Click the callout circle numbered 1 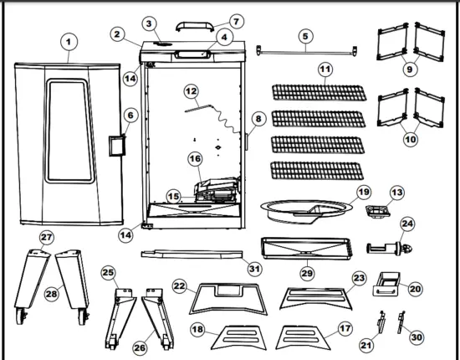(69, 40)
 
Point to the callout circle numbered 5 (306, 36)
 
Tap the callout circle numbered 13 (398, 193)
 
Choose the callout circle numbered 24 (408, 224)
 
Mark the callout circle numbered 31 (253, 267)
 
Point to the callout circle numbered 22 (180, 286)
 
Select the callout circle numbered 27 (47, 238)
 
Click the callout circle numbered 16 (194, 158)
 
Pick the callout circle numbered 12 (191, 90)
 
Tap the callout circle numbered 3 (149, 23)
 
